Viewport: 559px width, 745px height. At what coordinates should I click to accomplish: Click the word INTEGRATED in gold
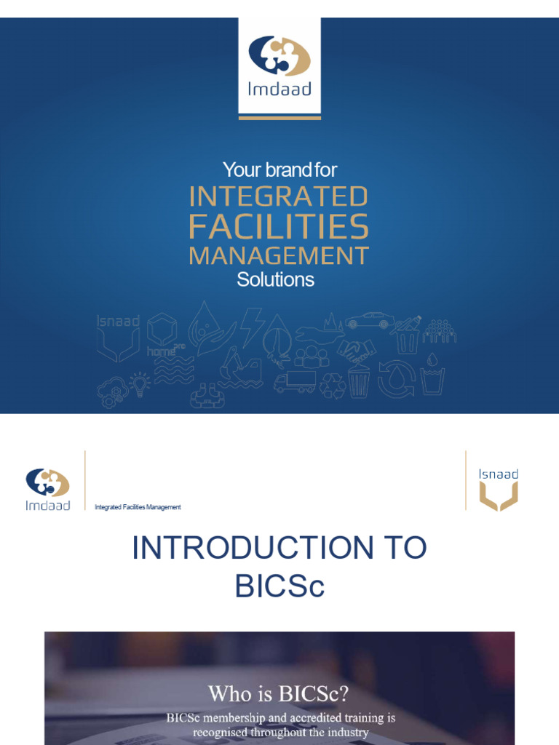[x=278, y=196]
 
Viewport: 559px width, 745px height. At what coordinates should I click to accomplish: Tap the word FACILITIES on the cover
[x=278, y=227]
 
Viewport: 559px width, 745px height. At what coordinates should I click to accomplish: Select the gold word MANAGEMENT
[x=278, y=255]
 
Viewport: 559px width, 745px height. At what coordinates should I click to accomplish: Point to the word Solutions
[x=275, y=280]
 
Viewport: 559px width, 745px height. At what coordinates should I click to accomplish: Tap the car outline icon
[x=370, y=321]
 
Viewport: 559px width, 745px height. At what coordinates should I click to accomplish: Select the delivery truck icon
[x=295, y=382]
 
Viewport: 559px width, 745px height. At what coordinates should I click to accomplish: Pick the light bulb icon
[x=140, y=382]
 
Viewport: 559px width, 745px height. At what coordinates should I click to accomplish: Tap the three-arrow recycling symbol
[x=333, y=386]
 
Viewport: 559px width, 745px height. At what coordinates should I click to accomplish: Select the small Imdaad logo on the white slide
[x=48, y=489]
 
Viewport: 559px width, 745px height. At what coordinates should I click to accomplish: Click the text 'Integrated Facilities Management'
[x=138, y=507]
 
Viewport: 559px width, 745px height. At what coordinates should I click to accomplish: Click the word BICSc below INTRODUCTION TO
[x=279, y=586]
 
